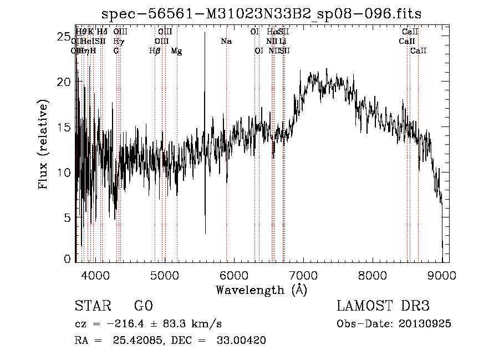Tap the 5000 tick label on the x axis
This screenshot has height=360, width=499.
(x=165, y=275)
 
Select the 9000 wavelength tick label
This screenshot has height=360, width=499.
(x=442, y=275)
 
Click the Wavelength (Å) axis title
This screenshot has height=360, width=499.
(x=261, y=290)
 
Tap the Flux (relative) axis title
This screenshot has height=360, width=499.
(x=43, y=144)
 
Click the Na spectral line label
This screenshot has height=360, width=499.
(x=226, y=42)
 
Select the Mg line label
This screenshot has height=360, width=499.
(x=176, y=51)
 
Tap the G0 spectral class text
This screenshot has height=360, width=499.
(x=144, y=306)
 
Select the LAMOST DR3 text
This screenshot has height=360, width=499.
(x=383, y=306)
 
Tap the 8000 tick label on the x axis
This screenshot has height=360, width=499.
(x=373, y=275)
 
